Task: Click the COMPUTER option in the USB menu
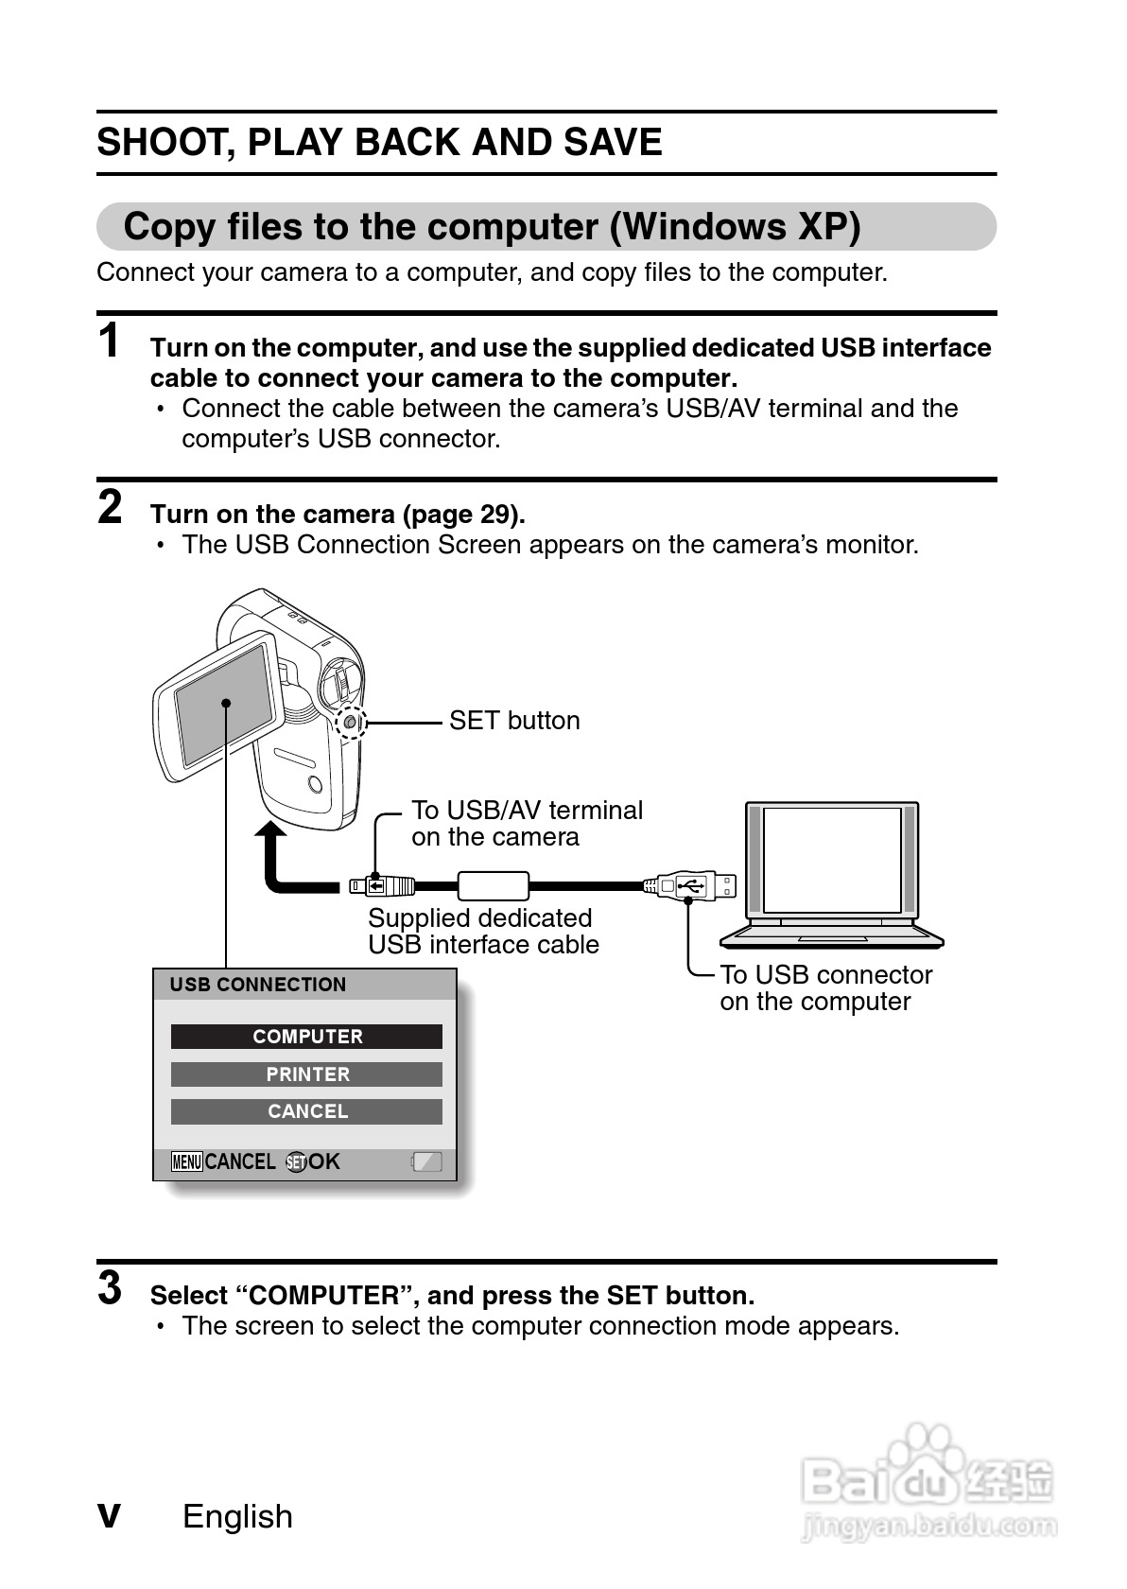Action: (306, 1037)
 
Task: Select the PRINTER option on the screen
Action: (306, 1074)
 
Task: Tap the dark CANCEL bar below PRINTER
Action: (306, 1111)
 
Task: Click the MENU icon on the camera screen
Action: (186, 1162)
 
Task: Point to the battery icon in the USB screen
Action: (427, 1161)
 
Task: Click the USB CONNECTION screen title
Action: (258, 985)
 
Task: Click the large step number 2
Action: (111, 507)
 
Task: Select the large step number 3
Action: (111, 1288)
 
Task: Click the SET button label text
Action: (513, 721)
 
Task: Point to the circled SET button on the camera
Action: (351, 723)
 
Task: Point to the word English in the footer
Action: (237, 1516)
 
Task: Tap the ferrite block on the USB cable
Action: (493, 886)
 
